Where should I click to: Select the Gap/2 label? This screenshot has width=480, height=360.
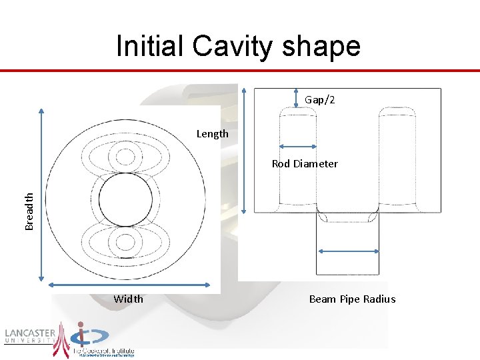(320, 99)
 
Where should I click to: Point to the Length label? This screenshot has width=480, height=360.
(212, 134)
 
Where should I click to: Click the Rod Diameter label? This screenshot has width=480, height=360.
(305, 164)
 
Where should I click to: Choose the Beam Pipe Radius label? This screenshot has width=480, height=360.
(352, 299)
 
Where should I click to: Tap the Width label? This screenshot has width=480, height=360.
(128, 299)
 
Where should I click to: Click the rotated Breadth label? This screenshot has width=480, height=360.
(29, 211)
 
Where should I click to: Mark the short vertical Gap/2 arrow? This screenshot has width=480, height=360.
(296, 99)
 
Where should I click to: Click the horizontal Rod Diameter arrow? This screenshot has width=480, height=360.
(297, 147)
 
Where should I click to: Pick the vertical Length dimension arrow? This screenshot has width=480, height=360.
(245, 150)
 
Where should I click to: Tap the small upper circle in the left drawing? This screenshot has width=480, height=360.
(125, 157)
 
